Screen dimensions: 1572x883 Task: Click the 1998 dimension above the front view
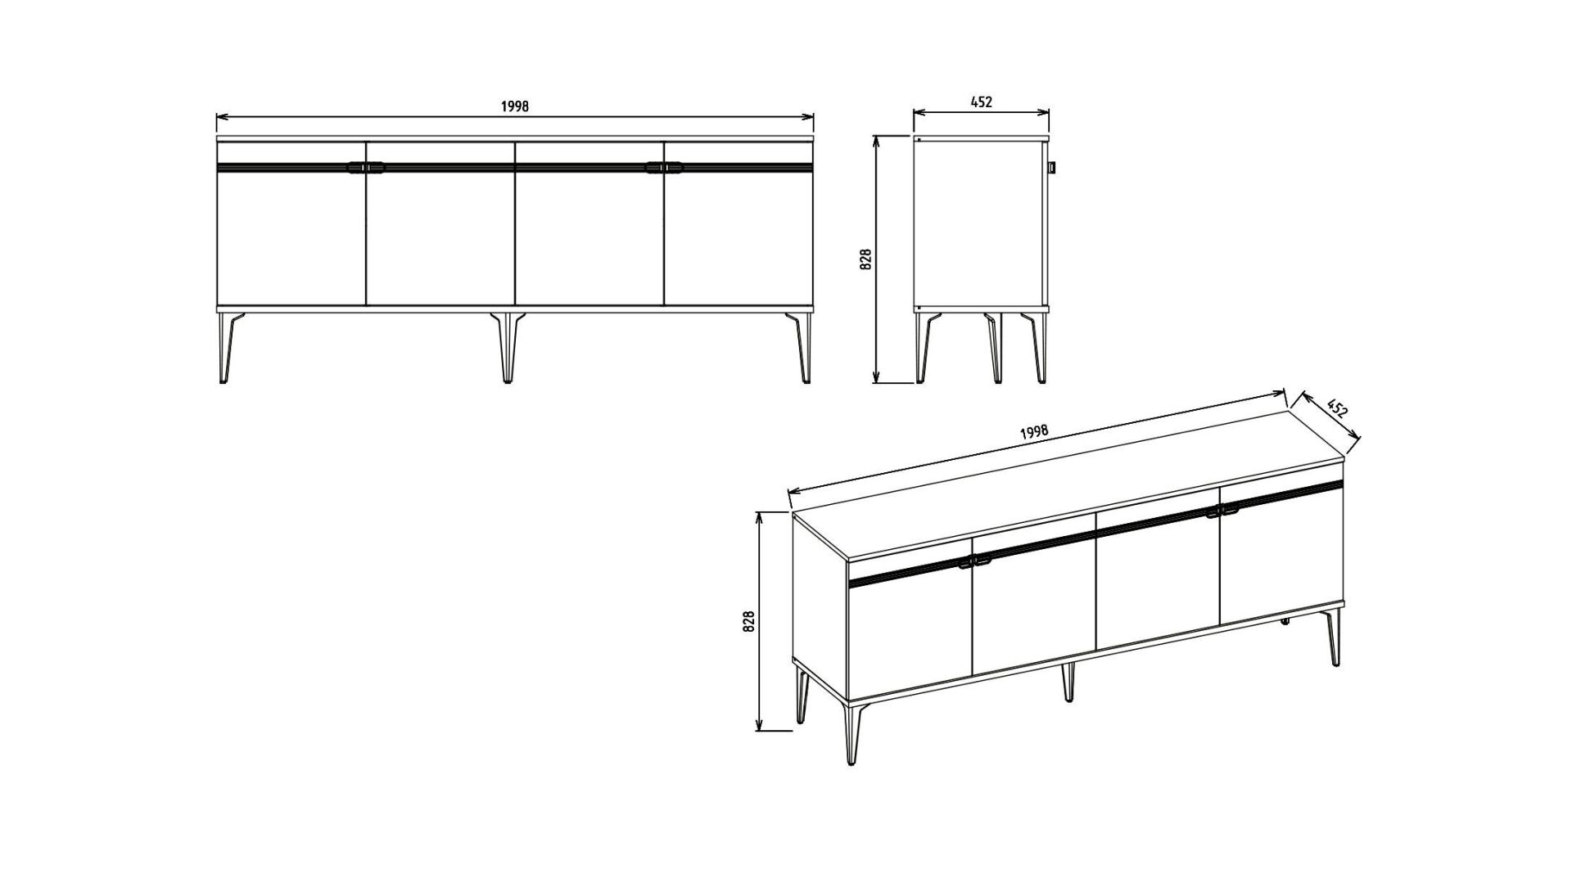(x=515, y=106)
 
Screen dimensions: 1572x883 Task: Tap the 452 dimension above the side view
(x=981, y=102)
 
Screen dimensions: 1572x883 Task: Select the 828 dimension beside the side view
(x=867, y=259)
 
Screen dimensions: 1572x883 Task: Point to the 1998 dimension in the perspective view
(x=1035, y=432)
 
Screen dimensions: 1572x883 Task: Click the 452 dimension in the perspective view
(x=1336, y=408)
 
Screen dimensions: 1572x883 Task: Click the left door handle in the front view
(x=365, y=168)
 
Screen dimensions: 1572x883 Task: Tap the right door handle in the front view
(x=664, y=168)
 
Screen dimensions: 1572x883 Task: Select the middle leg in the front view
(x=508, y=347)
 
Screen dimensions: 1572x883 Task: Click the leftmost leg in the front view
(x=227, y=347)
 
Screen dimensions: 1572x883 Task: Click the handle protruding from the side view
(x=1053, y=167)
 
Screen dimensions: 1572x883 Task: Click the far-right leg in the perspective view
(x=1335, y=636)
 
